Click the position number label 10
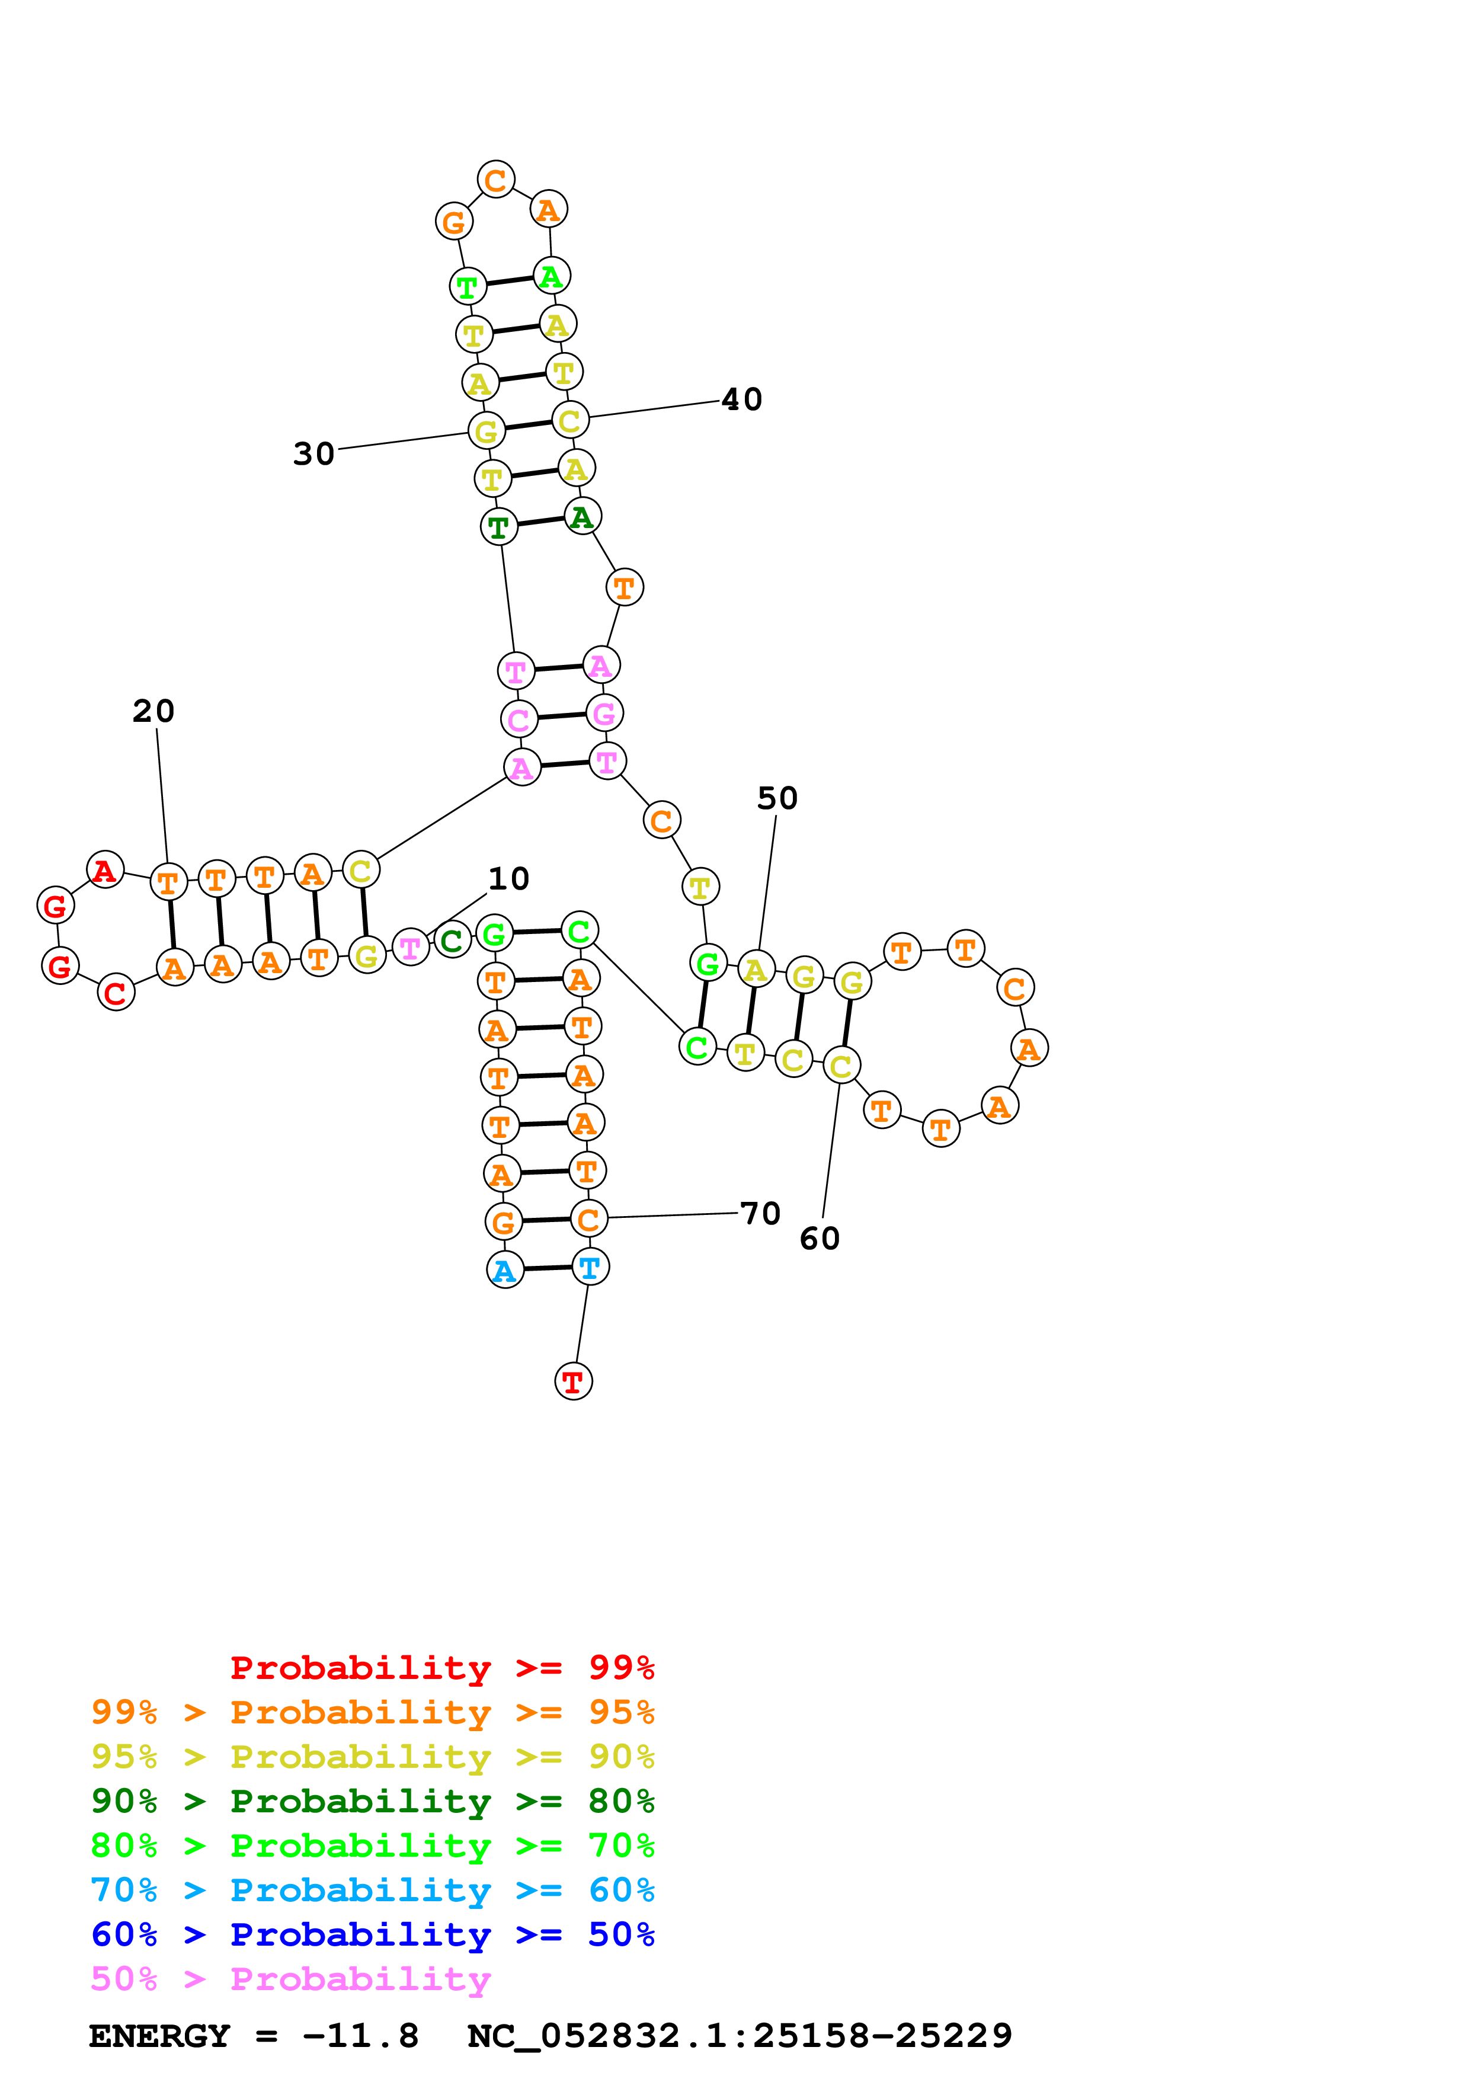(x=508, y=878)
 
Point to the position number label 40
(x=741, y=399)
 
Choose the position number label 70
(x=760, y=1213)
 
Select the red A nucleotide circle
(x=105, y=870)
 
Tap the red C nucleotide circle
(x=116, y=993)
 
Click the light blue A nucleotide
(x=505, y=1271)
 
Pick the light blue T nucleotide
(x=590, y=1268)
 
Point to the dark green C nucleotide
(x=453, y=941)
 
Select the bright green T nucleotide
(x=467, y=287)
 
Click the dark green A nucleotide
(x=582, y=517)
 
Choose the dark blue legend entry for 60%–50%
(x=372, y=1935)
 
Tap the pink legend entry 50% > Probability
(x=290, y=1979)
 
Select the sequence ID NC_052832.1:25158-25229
(x=740, y=2036)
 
